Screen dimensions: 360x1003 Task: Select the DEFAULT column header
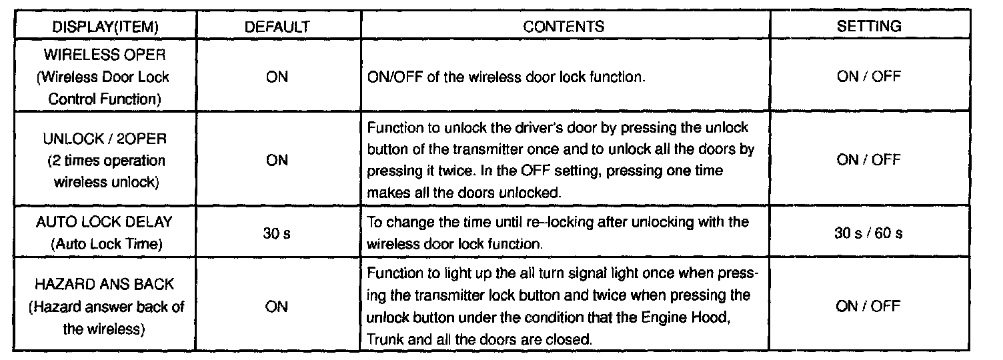pyautogui.click(x=277, y=27)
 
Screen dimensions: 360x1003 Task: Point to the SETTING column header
pyautogui.click(x=869, y=27)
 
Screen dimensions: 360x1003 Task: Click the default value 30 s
pyautogui.click(x=277, y=233)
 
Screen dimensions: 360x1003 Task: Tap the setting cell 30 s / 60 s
pyautogui.click(x=869, y=233)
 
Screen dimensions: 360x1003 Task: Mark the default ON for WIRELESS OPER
pyautogui.click(x=277, y=77)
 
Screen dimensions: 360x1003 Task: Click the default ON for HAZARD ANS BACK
pyautogui.click(x=277, y=307)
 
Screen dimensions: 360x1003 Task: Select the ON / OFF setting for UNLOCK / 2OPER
pyautogui.click(x=869, y=160)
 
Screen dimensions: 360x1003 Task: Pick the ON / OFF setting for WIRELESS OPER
pyautogui.click(x=869, y=77)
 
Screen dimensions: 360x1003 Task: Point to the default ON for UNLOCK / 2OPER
pyautogui.click(x=277, y=160)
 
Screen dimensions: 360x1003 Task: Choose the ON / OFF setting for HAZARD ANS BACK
pyautogui.click(x=869, y=307)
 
